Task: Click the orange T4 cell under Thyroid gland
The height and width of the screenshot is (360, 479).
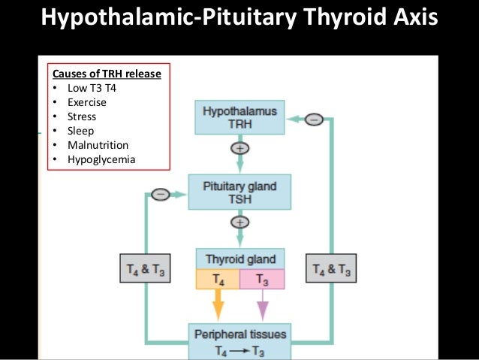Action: coord(218,280)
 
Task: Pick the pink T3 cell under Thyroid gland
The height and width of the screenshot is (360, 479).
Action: coord(263,280)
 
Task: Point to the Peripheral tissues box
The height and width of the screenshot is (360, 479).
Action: coord(240,340)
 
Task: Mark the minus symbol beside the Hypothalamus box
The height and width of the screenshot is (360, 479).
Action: coord(315,118)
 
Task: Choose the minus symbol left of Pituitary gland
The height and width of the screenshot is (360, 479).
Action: coord(160,194)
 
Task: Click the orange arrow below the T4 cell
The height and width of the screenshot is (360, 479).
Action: coord(218,306)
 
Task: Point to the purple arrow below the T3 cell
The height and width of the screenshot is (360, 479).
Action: coord(263,306)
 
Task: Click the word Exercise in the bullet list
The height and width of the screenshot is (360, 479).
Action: coord(89,102)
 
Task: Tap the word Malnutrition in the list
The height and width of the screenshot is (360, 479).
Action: coord(98,145)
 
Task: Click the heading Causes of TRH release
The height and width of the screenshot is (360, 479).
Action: coord(106,74)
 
